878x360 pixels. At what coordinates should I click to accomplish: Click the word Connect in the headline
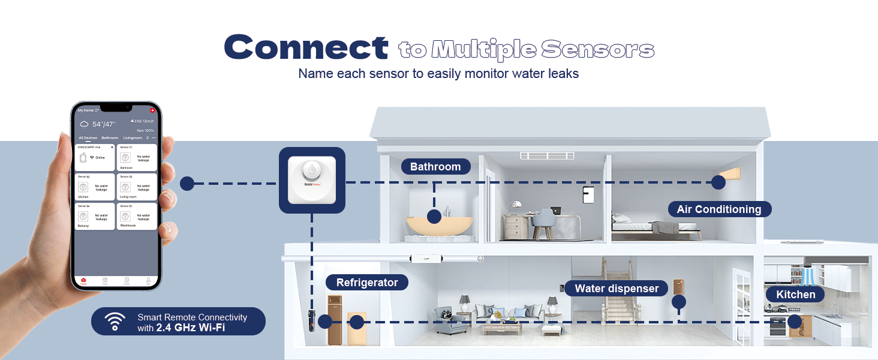coord(306,47)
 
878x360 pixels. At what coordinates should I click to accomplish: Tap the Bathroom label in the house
coord(435,167)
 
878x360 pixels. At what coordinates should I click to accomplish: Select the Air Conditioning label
coord(718,209)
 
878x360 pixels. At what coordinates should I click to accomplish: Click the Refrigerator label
coord(367,283)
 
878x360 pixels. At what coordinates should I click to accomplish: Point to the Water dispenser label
coord(617,289)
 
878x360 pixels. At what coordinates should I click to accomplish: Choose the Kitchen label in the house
coord(796,294)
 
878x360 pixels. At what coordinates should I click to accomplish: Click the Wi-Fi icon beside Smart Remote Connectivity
coord(115,322)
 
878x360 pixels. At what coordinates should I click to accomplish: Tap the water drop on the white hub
coord(311,170)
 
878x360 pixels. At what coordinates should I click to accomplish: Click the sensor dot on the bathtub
coord(434,217)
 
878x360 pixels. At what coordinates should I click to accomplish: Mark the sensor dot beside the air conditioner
coord(718,182)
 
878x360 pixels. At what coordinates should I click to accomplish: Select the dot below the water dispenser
coord(678,302)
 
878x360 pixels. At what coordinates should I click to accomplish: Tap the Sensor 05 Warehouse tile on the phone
coord(137,216)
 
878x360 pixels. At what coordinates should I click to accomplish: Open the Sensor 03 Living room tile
coord(137,187)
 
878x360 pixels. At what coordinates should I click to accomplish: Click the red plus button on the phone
coord(152,110)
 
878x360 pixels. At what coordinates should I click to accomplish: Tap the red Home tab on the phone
coord(83,281)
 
